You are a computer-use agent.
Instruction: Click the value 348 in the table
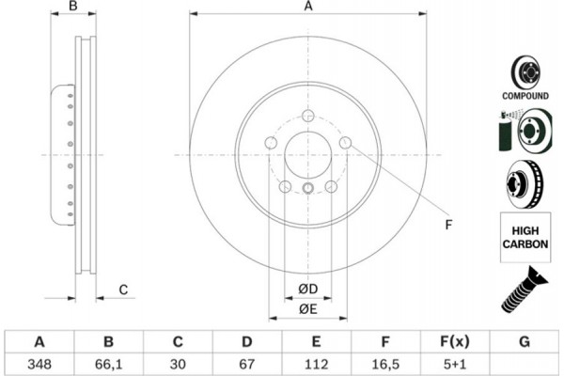39,362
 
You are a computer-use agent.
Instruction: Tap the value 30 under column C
177,362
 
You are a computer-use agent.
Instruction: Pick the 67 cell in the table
245,362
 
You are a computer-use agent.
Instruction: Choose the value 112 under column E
315,362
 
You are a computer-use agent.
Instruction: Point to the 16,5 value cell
384,362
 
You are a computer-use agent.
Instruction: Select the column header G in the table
523,340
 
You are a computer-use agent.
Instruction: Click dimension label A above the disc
307,8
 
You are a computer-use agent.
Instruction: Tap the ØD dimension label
307,288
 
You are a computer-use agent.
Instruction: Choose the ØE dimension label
307,308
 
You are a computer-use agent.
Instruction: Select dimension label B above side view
72,8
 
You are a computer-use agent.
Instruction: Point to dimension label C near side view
122,289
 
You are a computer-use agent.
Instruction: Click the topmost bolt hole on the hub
307,117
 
